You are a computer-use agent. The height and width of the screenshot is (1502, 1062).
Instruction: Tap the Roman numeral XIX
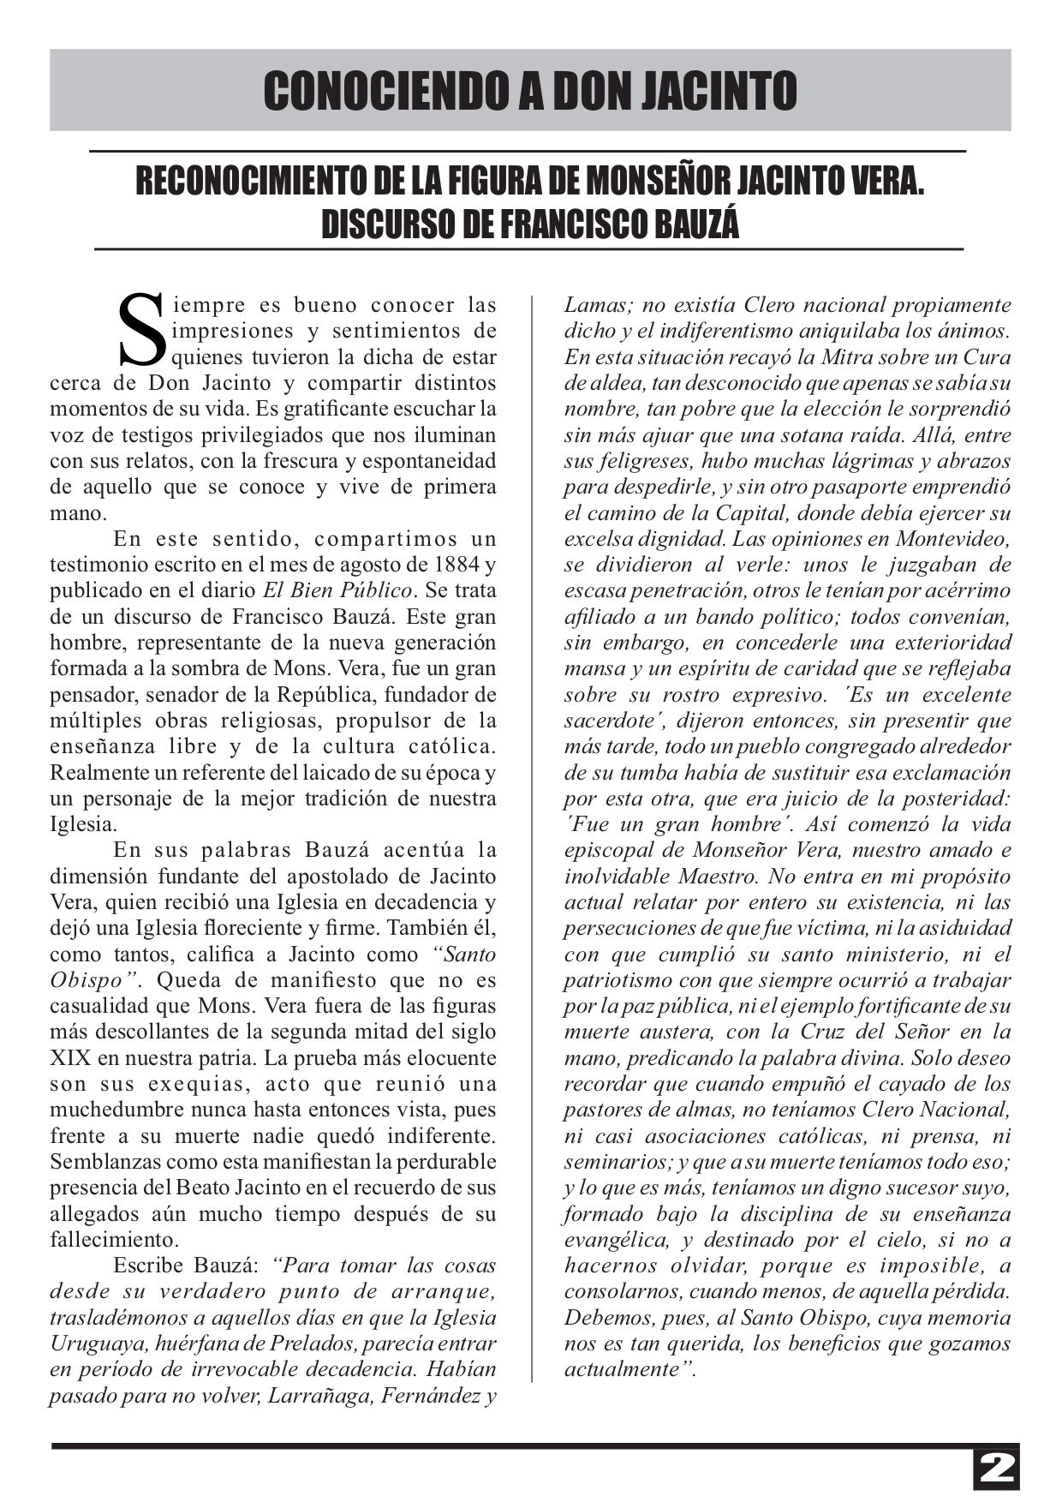point(69,1058)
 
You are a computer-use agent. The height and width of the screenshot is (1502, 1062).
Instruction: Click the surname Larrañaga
point(320,1396)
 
